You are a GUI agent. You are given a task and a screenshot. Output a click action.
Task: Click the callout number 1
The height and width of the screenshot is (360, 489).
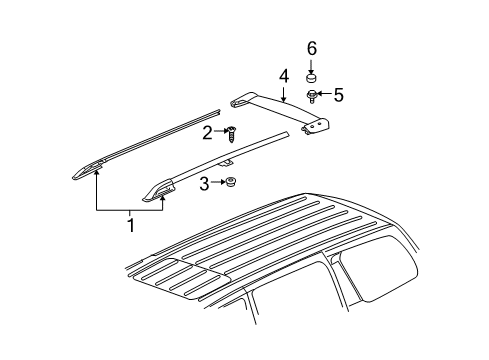(129, 224)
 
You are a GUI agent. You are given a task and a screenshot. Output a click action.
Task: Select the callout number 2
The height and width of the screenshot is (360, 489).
(207, 132)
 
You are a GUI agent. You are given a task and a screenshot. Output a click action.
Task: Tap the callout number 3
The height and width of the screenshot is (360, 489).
(204, 183)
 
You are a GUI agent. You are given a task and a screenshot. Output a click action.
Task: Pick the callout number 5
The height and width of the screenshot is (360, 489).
(338, 95)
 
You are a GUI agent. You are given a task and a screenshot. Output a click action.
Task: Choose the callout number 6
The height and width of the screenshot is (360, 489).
(311, 48)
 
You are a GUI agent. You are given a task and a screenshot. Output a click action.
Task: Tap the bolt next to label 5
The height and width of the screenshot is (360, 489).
(313, 96)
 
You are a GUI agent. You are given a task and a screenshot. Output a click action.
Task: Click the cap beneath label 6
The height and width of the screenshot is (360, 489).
(311, 76)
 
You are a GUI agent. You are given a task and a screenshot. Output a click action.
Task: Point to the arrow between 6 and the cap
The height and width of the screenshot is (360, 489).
(311, 62)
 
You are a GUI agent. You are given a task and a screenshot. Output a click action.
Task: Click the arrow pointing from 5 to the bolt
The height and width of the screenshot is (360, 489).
(325, 95)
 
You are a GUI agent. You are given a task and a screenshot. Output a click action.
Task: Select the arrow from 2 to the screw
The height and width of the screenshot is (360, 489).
(218, 132)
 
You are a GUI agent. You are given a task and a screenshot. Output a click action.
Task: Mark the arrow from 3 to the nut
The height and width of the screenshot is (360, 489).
(216, 183)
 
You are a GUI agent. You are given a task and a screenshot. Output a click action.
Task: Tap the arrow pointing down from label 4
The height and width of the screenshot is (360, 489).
(284, 91)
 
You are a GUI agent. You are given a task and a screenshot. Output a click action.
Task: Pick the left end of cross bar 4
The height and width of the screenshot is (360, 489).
(241, 100)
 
